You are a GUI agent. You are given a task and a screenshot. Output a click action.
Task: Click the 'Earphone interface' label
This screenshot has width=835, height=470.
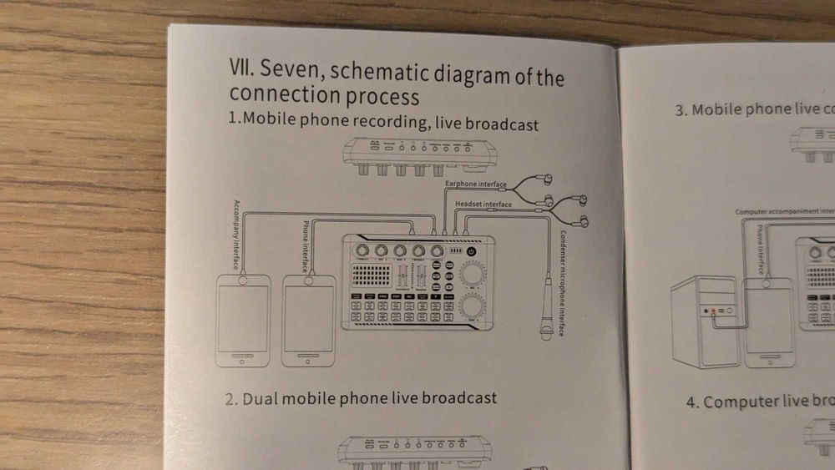tap(475, 184)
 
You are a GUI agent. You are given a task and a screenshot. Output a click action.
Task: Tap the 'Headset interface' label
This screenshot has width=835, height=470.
tap(483, 204)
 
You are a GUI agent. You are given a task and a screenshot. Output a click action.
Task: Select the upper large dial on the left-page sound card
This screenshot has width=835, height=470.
tap(473, 275)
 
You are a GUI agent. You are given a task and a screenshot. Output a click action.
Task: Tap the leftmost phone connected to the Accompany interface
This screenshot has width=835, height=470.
tap(243, 321)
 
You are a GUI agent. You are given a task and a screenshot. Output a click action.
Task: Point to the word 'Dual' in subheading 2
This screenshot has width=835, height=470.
tap(260, 397)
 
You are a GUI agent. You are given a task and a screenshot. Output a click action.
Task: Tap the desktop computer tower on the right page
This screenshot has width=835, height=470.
tap(705, 321)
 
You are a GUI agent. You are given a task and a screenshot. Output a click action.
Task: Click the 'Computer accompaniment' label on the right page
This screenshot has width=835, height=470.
tap(777, 212)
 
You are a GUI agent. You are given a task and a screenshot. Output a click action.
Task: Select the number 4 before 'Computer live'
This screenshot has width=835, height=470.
tap(692, 402)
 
